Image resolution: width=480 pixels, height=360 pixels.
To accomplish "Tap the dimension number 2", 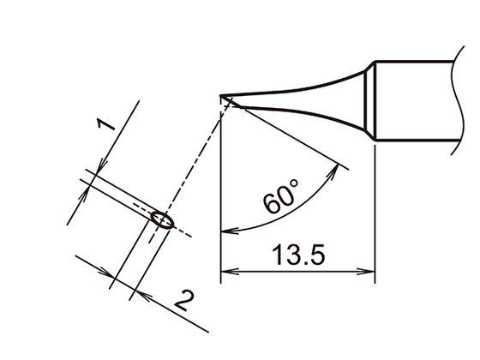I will pos(183,301).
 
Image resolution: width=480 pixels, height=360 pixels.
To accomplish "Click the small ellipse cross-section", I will pos(161,220).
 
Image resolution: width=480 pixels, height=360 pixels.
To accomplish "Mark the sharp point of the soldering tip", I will pos(221,97).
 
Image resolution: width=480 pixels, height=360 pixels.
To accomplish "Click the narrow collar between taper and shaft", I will pos(371,101).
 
